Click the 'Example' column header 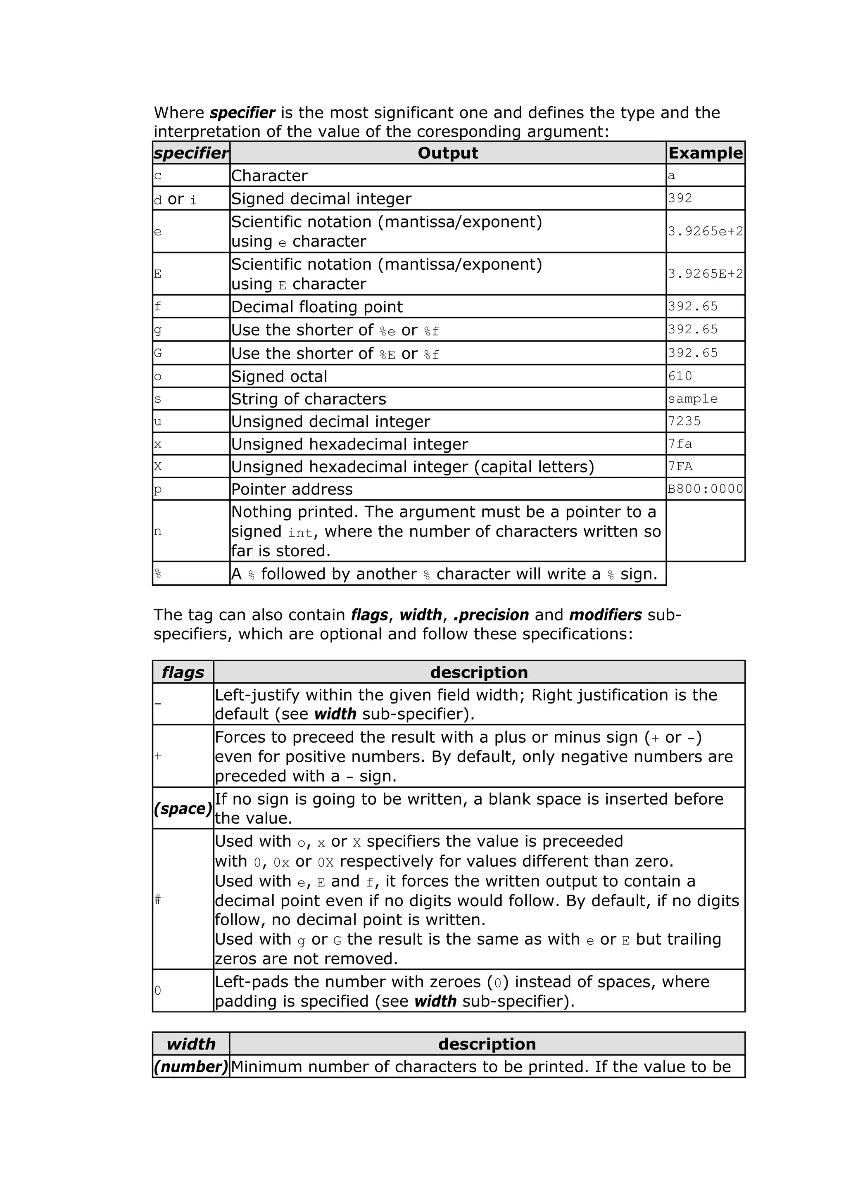pos(705,153)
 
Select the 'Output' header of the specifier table pos(448,153)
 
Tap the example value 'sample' pos(693,399)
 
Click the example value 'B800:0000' pos(705,489)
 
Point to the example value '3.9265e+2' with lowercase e pos(705,231)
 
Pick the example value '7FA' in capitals pos(680,466)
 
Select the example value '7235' pos(684,421)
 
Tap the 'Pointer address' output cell pos(292,489)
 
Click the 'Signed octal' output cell pos(279,376)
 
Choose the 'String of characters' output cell pos(309,399)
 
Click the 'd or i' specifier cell pos(176,199)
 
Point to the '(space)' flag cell pos(183,809)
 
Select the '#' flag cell pos(158,898)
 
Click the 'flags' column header pos(183,672)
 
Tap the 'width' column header pos(191,1044)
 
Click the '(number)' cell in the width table pos(191,1066)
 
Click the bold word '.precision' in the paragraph pos(491,615)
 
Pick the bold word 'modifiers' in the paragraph pos(605,615)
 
